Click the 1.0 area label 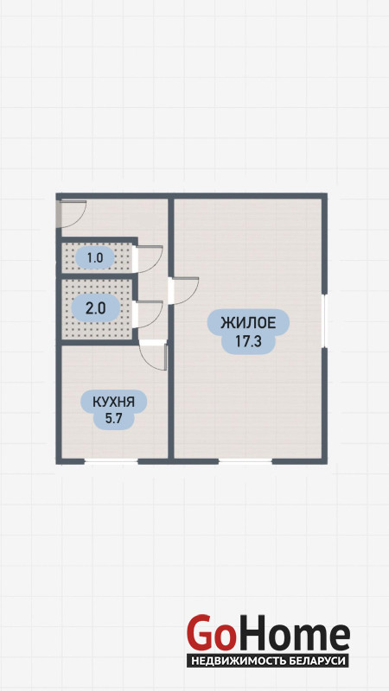(x=95, y=257)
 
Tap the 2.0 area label (x=95, y=308)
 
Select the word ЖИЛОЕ (x=248, y=323)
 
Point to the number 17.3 (x=248, y=341)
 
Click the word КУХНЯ (x=113, y=402)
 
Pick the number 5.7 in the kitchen (x=113, y=419)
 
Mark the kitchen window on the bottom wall (x=111, y=461)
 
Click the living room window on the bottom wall (x=246, y=461)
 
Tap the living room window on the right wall (x=324, y=320)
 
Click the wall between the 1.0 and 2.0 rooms (x=97, y=276)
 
